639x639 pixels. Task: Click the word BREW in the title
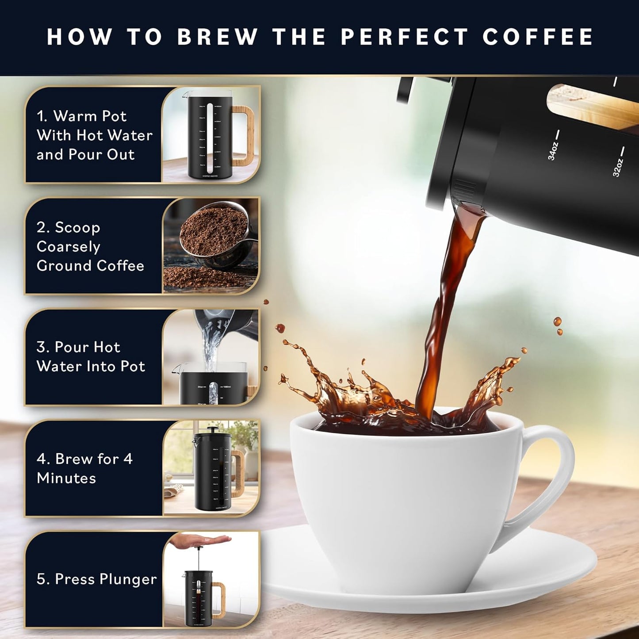pyautogui.click(x=217, y=37)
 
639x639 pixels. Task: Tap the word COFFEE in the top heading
pyautogui.click(x=538, y=37)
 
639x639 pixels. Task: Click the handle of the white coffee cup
pyautogui.click(x=553, y=478)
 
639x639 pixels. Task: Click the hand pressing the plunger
pyautogui.click(x=201, y=540)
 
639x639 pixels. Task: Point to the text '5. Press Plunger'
pyautogui.click(x=96, y=579)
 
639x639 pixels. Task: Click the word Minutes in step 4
pyautogui.click(x=66, y=478)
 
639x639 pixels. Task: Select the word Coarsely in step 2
pyautogui.click(x=69, y=246)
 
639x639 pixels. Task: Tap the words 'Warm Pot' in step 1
pyautogui.click(x=90, y=116)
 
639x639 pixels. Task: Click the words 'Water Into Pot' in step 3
pyautogui.click(x=91, y=366)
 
